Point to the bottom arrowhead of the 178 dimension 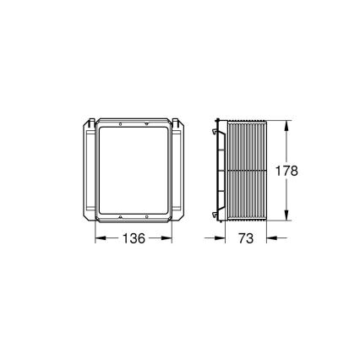288,218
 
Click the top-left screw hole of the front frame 120,124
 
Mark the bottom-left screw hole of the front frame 120,217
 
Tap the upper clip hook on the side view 213,131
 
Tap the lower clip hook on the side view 213,210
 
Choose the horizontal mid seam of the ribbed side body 245,171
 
